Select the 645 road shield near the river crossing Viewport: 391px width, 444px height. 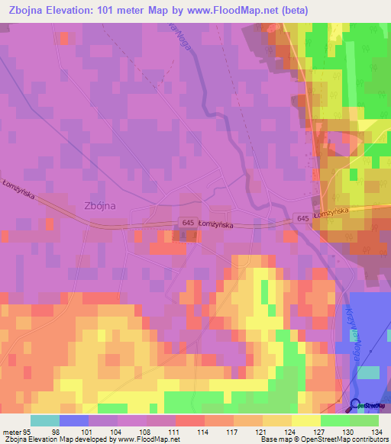[304, 217]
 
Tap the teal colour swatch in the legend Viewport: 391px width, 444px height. [44, 420]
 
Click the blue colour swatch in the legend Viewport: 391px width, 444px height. [73, 420]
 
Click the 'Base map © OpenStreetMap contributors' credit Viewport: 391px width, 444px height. [323, 439]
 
